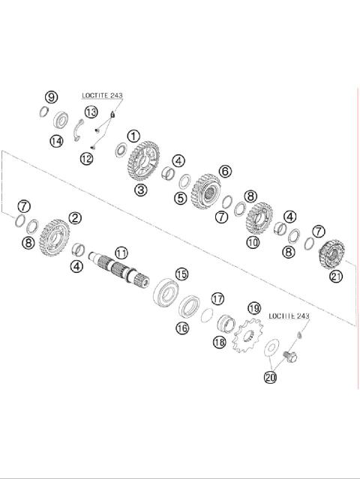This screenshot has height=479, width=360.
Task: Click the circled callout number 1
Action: coord(133,136)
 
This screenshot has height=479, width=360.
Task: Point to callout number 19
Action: coord(254,308)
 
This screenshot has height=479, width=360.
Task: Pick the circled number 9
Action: coord(51,97)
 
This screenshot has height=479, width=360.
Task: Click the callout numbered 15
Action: coord(181,274)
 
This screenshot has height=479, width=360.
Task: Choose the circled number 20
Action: coord(270,378)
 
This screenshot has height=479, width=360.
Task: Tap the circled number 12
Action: coord(87,159)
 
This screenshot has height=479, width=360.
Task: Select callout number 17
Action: coord(217,298)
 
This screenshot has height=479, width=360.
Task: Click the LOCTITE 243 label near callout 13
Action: coord(103,97)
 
